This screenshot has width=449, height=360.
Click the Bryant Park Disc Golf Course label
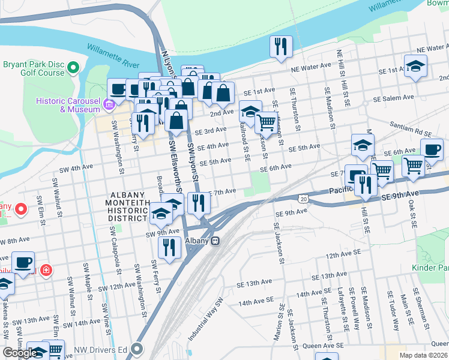(x=33, y=68)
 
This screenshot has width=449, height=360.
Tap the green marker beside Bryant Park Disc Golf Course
(x=73, y=67)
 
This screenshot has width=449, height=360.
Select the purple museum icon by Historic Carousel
(x=109, y=105)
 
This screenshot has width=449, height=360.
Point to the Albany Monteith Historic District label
(x=128, y=207)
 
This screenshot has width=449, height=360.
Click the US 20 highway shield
(x=304, y=199)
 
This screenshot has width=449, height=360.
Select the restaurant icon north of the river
(x=281, y=46)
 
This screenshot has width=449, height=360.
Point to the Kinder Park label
(x=431, y=268)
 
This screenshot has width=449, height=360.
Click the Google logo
(x=20, y=353)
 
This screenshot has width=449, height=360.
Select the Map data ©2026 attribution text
(x=423, y=355)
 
